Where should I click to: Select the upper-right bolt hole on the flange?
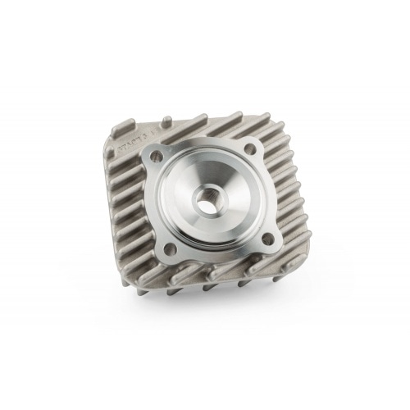click(x=250, y=150)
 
